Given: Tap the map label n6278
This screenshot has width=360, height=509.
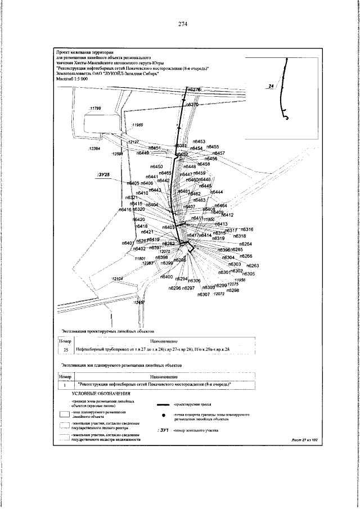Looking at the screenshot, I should pos(193,89).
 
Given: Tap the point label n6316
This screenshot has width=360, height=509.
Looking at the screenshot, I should pos(247,229).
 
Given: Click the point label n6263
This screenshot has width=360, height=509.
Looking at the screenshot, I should pos(253,265).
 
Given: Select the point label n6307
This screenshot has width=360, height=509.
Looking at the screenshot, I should pos(204,294).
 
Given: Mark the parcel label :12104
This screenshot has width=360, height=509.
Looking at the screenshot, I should pos(117,279).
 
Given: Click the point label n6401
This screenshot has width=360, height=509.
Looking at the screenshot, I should pos(128,243).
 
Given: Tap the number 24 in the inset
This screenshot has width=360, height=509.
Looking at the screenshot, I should pos(272,85).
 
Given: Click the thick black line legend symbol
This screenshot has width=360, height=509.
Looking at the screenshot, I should pos(163,405).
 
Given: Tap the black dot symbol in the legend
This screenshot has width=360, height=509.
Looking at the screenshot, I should pos(163,416).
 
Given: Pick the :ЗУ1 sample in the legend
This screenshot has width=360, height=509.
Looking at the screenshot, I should pos(163,430).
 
